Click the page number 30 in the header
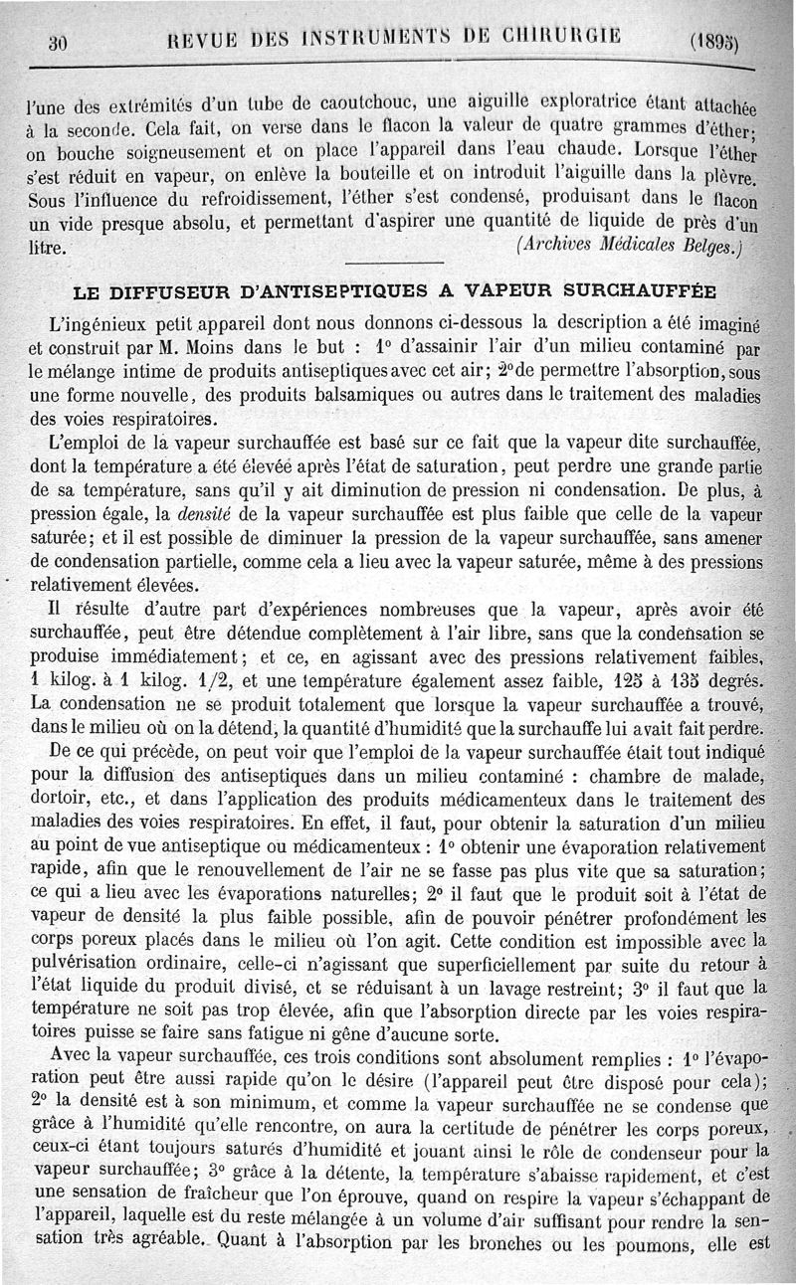point(57,42)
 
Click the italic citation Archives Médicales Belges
point(629,245)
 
